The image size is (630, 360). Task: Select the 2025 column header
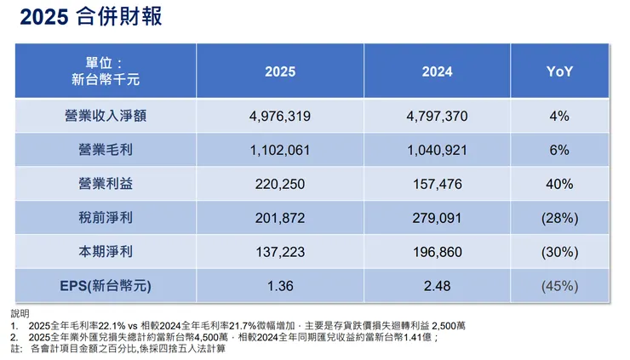tap(280, 72)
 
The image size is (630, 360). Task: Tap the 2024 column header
tap(437, 72)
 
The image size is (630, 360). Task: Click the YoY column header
tap(559, 72)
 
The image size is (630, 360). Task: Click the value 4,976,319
tap(280, 117)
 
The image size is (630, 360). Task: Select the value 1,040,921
tap(437, 150)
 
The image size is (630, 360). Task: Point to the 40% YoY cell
tap(559, 184)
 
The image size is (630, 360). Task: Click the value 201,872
tap(280, 218)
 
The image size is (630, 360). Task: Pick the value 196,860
tap(437, 252)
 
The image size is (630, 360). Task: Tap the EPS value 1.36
tap(280, 285)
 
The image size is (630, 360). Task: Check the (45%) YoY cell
tap(559, 285)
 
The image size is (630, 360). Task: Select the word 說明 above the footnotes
tap(19, 313)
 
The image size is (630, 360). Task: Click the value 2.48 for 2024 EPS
tap(437, 285)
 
